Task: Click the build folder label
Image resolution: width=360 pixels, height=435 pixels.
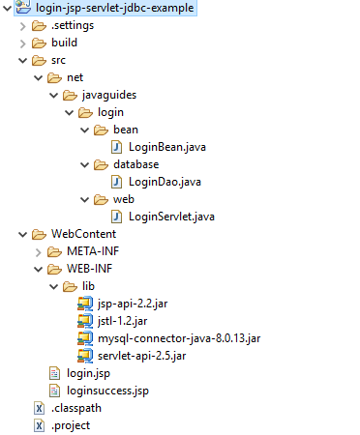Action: [64, 43]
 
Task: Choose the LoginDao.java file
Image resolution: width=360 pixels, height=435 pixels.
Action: [159, 181]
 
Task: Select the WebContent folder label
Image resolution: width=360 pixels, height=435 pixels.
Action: [83, 234]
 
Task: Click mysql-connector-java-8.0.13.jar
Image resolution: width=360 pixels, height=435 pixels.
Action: [179, 338]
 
